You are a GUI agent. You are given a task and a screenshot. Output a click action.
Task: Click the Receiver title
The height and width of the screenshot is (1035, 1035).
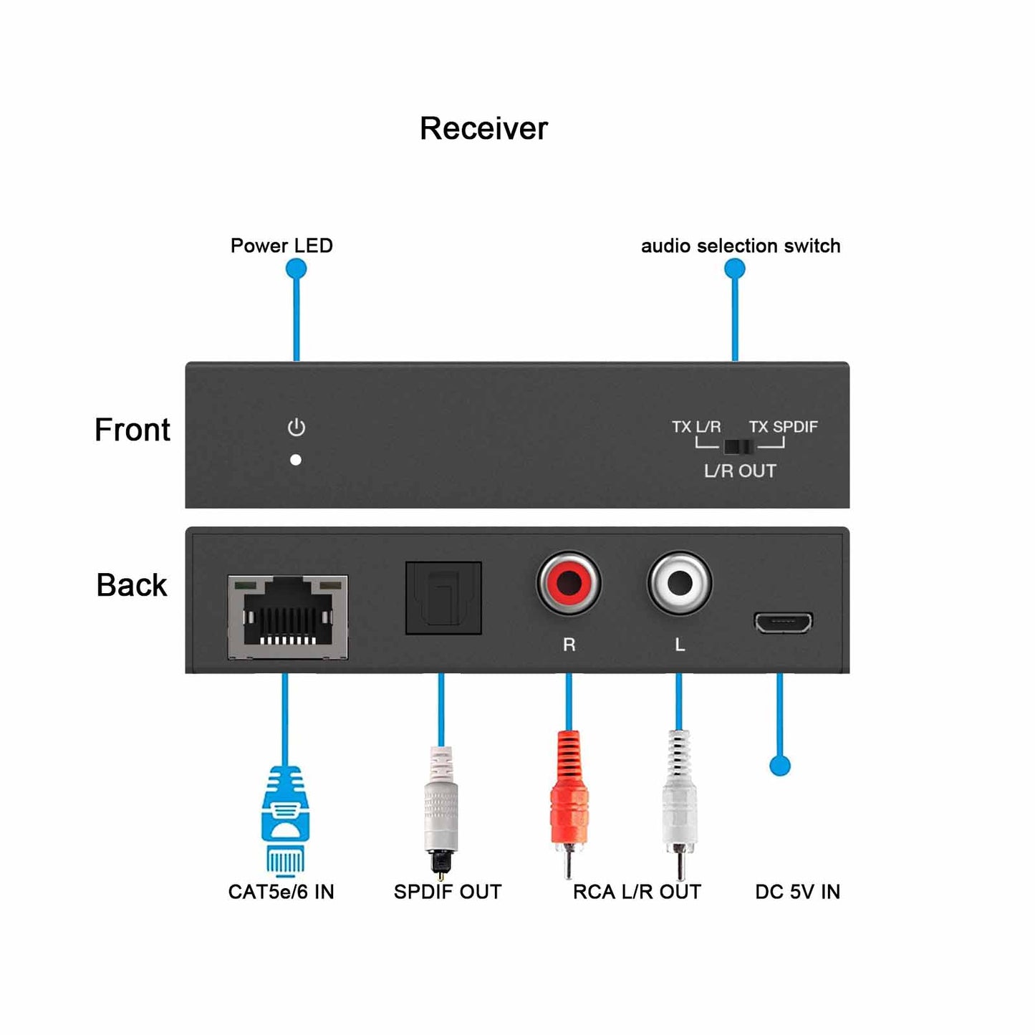click(483, 129)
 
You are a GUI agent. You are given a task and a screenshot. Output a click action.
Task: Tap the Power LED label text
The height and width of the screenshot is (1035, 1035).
click(281, 246)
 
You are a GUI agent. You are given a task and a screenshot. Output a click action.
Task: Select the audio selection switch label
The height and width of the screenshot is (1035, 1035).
click(741, 246)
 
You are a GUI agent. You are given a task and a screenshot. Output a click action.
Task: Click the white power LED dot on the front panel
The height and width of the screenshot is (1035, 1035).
click(296, 460)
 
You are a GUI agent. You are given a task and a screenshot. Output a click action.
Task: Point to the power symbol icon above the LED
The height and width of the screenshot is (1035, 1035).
click(297, 428)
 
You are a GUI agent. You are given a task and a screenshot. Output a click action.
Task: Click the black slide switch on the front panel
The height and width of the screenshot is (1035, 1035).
click(738, 447)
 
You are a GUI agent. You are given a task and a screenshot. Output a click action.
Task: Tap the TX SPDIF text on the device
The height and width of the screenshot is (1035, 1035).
click(783, 427)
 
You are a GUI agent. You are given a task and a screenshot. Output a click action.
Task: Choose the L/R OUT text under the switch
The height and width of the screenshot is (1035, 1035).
click(740, 471)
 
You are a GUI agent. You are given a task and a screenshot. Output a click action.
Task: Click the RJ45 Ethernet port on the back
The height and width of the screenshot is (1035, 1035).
click(288, 617)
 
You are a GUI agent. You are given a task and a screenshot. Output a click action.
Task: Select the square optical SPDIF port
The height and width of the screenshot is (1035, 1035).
click(443, 598)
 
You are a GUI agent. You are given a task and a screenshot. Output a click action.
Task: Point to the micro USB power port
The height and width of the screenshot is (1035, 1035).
click(783, 622)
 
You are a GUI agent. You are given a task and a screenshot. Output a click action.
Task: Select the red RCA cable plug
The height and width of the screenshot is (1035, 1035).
click(569, 802)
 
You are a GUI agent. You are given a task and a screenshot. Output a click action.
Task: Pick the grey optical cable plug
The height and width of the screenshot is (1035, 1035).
click(441, 809)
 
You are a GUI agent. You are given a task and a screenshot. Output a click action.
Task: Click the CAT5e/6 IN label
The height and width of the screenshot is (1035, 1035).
click(281, 892)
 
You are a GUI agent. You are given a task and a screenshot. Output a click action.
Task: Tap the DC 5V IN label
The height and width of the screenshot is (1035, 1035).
click(797, 892)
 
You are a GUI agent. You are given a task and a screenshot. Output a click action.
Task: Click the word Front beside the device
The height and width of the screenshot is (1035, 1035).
click(133, 430)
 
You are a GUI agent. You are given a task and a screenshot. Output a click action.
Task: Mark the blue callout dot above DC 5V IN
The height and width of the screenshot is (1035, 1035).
click(780, 765)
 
